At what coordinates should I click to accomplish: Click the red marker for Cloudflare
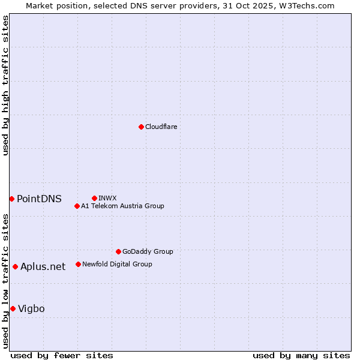[141, 127]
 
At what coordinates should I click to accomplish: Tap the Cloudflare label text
[161, 127]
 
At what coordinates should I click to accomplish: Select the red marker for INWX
[94, 198]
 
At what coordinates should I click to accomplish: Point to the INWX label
[107, 198]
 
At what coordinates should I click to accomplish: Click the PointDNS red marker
[11, 199]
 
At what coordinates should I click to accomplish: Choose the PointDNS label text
[39, 199]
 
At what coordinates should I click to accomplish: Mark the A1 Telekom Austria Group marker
[77, 206]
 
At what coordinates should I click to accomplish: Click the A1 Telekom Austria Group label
[122, 206]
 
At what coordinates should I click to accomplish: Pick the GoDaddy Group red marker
[118, 251]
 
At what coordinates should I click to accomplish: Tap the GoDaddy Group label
[148, 251]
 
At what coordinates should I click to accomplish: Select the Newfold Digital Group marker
[78, 264]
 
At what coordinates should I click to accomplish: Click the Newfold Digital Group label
[117, 264]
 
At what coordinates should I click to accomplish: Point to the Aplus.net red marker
[15, 266]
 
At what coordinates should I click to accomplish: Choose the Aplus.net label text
[43, 266]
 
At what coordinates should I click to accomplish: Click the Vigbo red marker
[13, 308]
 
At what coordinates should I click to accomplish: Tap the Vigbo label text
[31, 308]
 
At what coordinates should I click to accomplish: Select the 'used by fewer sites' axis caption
[62, 355]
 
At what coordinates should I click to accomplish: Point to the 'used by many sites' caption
[301, 355]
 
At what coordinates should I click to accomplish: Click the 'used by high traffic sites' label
[5, 85]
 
